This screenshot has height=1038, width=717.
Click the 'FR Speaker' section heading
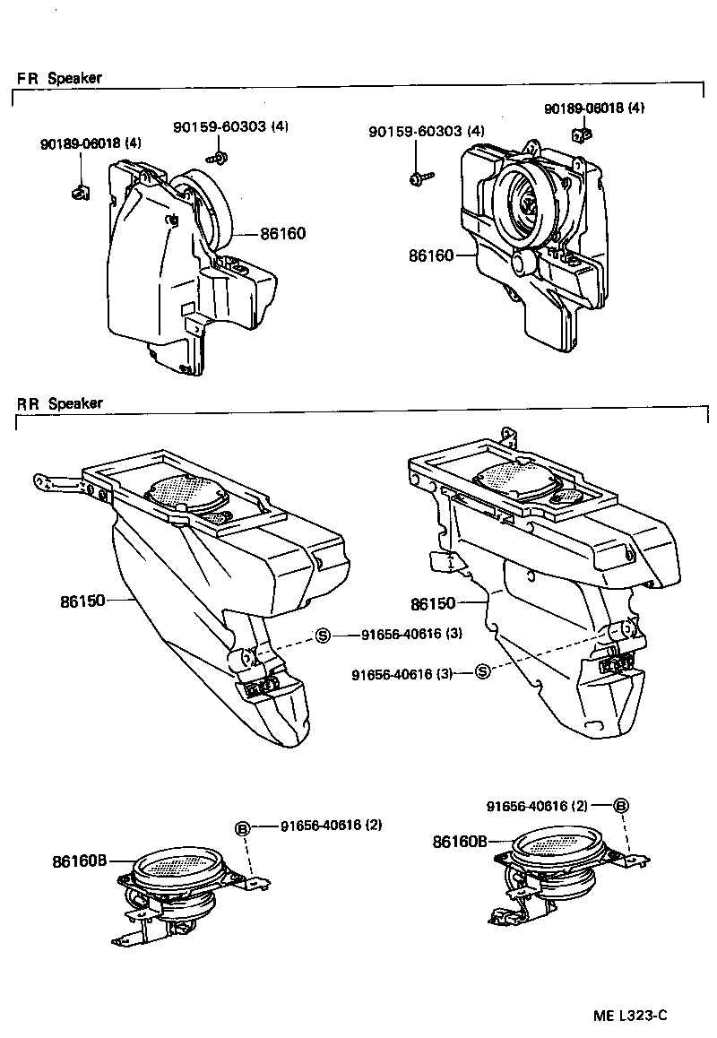click(x=59, y=78)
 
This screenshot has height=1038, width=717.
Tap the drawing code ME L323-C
click(x=630, y=1016)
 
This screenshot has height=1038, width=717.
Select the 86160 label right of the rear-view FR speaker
click(x=282, y=234)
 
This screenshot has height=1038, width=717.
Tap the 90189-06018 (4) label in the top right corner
click(x=593, y=108)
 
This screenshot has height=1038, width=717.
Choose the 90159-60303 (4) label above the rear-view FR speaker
click(x=230, y=126)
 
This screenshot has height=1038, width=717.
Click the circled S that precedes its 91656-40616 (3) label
click(x=324, y=636)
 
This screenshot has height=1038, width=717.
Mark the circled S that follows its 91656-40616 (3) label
click(x=481, y=672)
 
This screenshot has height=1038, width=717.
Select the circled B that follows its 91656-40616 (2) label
click(x=620, y=805)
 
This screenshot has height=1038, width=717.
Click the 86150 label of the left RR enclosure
click(x=82, y=601)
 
